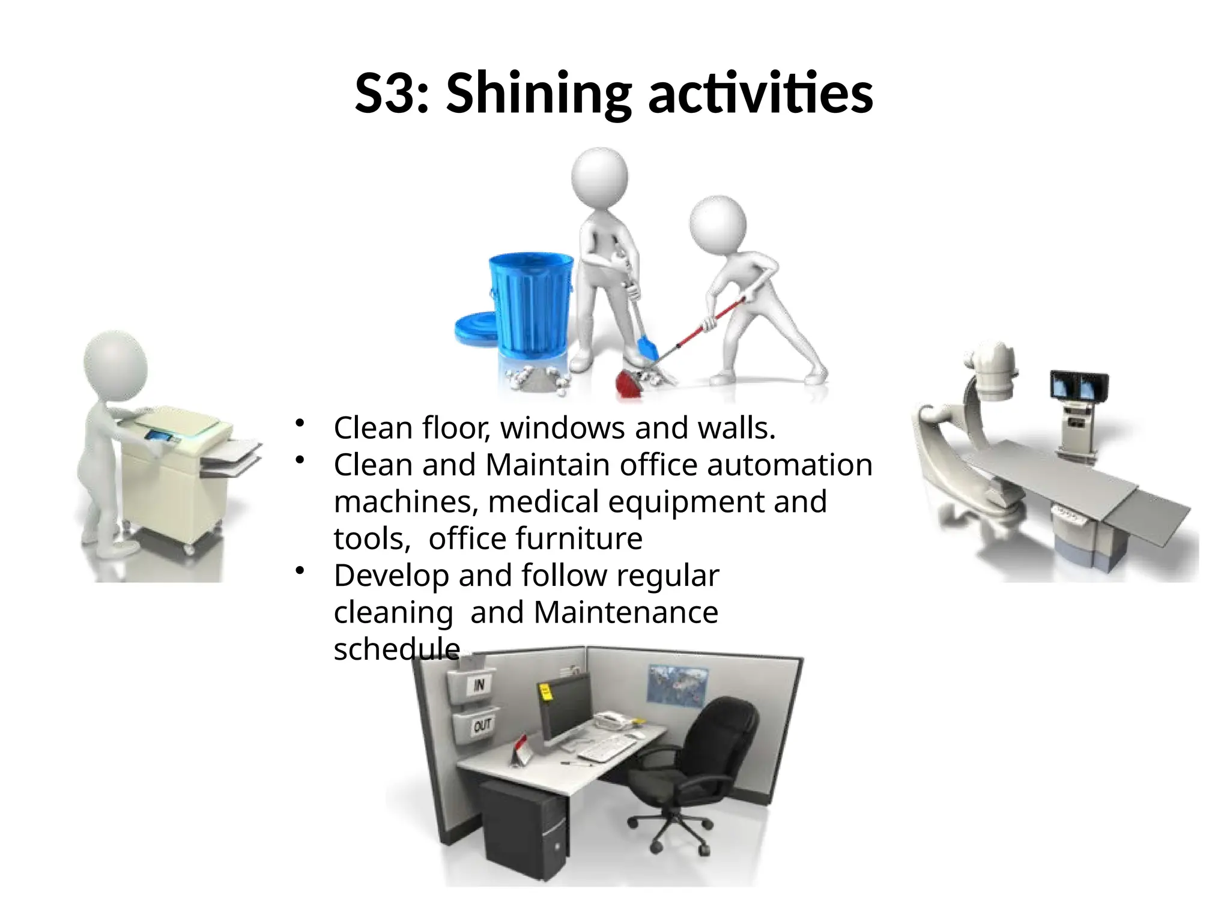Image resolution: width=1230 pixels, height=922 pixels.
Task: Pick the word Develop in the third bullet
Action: coord(391,576)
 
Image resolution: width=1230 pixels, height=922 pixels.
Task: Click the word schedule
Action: coord(396,649)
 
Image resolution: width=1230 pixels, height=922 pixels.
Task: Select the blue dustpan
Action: coord(647,348)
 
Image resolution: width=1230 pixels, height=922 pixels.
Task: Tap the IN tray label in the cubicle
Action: coord(479,685)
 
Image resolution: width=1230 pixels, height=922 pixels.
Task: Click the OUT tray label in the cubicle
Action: coord(482,726)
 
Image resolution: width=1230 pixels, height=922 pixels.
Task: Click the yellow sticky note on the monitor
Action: coord(545,691)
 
